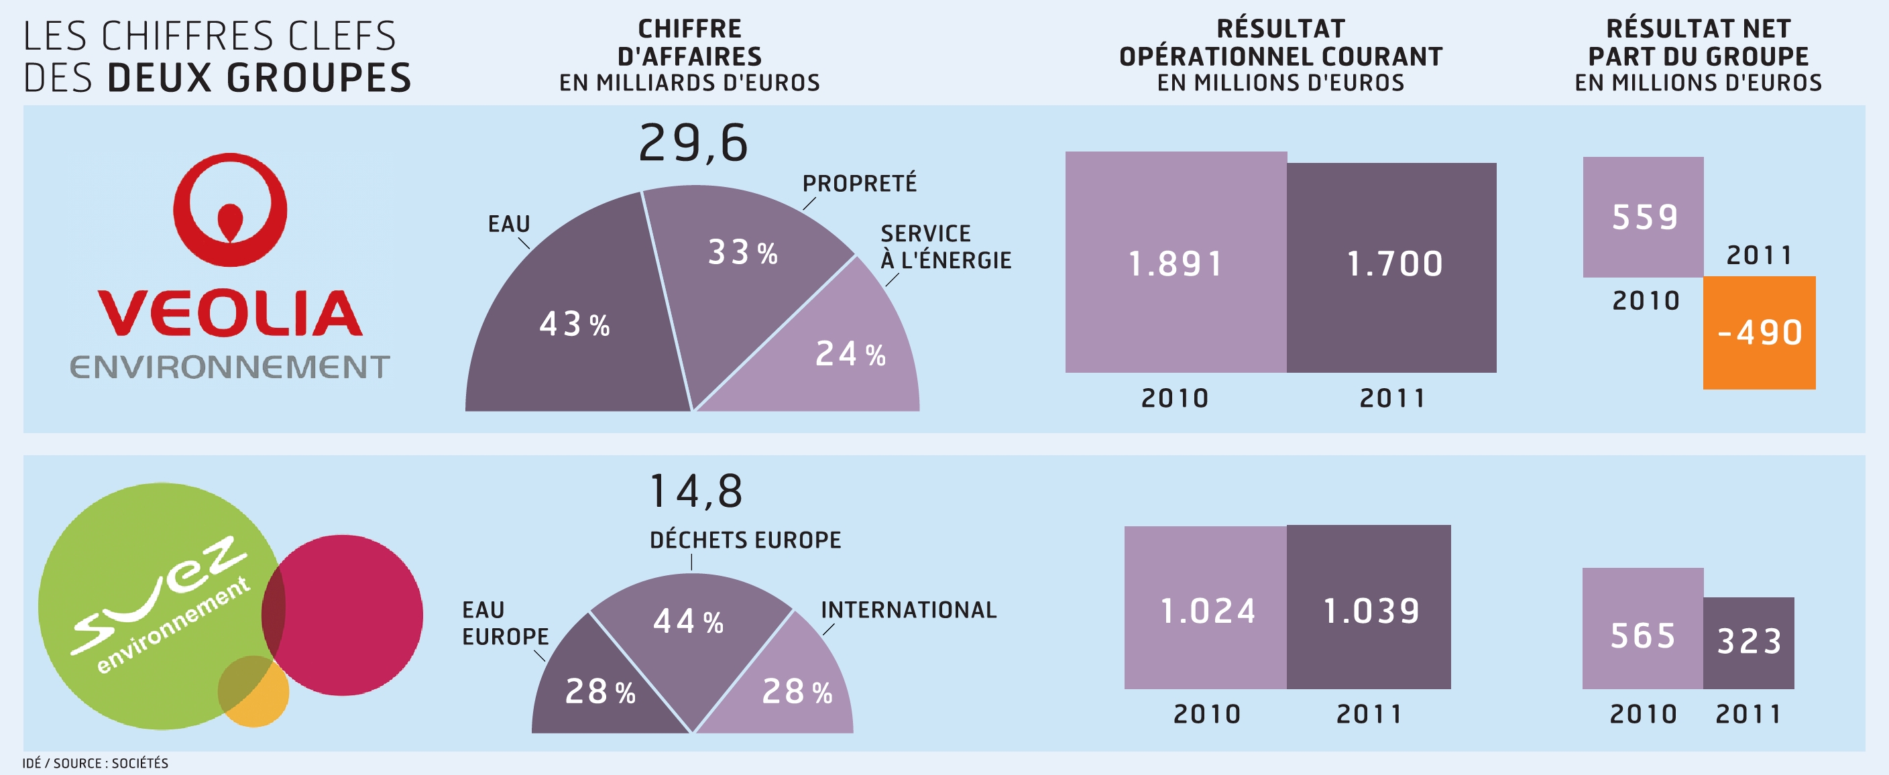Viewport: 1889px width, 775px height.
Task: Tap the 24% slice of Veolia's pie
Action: [x=844, y=359]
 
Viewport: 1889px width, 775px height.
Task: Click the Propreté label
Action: [x=859, y=183]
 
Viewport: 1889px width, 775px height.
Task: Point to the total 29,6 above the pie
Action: [x=693, y=143]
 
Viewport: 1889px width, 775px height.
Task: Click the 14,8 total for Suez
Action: [x=695, y=491]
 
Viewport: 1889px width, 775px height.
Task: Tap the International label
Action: [x=908, y=610]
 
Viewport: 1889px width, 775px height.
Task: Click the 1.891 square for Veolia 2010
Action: [x=1176, y=263]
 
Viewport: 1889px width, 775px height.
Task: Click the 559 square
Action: [x=1643, y=217]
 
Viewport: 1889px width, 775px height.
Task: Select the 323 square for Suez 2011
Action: [x=1748, y=642]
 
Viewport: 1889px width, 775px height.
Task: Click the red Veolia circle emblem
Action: [x=229, y=209]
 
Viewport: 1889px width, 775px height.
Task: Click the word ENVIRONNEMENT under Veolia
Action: [x=229, y=367]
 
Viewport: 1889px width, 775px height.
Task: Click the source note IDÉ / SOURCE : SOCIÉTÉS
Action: [x=95, y=764]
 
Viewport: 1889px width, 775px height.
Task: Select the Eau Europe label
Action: [x=504, y=623]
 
